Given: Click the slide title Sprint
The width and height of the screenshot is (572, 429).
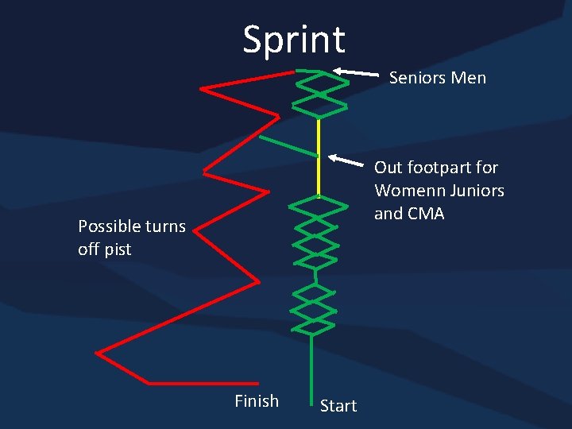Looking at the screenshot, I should coord(294,40).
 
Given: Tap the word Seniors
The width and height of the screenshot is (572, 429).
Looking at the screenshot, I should coord(417,78).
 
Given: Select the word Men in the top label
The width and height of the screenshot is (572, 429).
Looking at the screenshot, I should coord(468,78).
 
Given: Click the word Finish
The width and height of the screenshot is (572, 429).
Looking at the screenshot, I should coord(257,401).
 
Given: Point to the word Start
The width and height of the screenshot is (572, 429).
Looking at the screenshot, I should coord(338,406).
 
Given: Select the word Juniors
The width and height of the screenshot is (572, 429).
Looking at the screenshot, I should coord(476,191).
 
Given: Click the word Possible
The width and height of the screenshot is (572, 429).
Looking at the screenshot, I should coord(108,226).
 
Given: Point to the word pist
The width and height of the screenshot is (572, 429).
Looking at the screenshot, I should coord(118,249).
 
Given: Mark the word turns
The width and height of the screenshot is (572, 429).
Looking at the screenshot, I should coord(166,226).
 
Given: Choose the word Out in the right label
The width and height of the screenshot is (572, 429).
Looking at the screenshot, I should coord(388,168).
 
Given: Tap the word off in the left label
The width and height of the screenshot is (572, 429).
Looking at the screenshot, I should coord(89,249).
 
